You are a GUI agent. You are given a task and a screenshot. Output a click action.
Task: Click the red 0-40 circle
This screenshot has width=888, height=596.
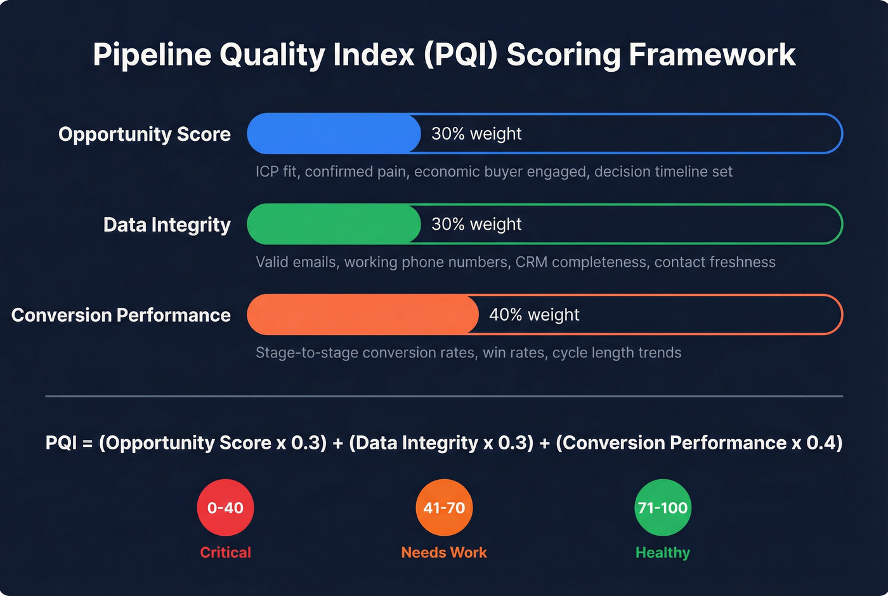pyautogui.click(x=225, y=507)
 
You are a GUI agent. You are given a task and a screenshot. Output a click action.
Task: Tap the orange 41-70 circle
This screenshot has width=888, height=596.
pyautogui.click(x=444, y=507)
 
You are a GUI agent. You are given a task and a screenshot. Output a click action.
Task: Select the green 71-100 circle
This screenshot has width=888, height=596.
pyautogui.click(x=663, y=507)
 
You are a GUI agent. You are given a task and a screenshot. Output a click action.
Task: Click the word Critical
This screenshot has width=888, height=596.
pyautogui.click(x=225, y=552)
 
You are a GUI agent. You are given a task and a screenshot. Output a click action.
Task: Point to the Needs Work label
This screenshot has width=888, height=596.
pyautogui.click(x=444, y=552)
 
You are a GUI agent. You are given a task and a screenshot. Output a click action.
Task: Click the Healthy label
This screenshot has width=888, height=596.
pyautogui.click(x=663, y=552)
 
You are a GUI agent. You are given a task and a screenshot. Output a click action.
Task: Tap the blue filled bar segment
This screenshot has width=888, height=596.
pyautogui.click(x=334, y=133)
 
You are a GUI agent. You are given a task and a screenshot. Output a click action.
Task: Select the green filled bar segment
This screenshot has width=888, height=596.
pyautogui.click(x=334, y=224)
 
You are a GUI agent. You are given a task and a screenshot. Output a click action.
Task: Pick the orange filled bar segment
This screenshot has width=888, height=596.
pyautogui.click(x=362, y=314)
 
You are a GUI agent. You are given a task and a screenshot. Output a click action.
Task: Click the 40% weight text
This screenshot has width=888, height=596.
pyautogui.click(x=534, y=315)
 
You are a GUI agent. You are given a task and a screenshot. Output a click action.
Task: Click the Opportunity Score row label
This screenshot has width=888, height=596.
pyautogui.click(x=145, y=134)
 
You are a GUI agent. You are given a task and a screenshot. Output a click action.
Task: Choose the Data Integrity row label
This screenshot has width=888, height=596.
pyautogui.click(x=167, y=225)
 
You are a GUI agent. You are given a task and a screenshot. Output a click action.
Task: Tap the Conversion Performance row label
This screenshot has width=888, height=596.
pyautogui.click(x=121, y=315)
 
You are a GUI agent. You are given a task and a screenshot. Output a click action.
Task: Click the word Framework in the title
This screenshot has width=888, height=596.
pyautogui.click(x=712, y=55)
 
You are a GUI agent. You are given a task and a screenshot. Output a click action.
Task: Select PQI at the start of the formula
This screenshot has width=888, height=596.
pyautogui.click(x=62, y=442)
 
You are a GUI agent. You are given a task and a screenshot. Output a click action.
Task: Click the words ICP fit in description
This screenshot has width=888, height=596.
pyautogui.click(x=277, y=171)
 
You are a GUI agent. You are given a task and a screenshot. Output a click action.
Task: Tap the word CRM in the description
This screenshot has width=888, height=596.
pyautogui.click(x=532, y=262)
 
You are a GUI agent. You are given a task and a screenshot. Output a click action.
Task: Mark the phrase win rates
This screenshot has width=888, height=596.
pyautogui.click(x=514, y=352)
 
